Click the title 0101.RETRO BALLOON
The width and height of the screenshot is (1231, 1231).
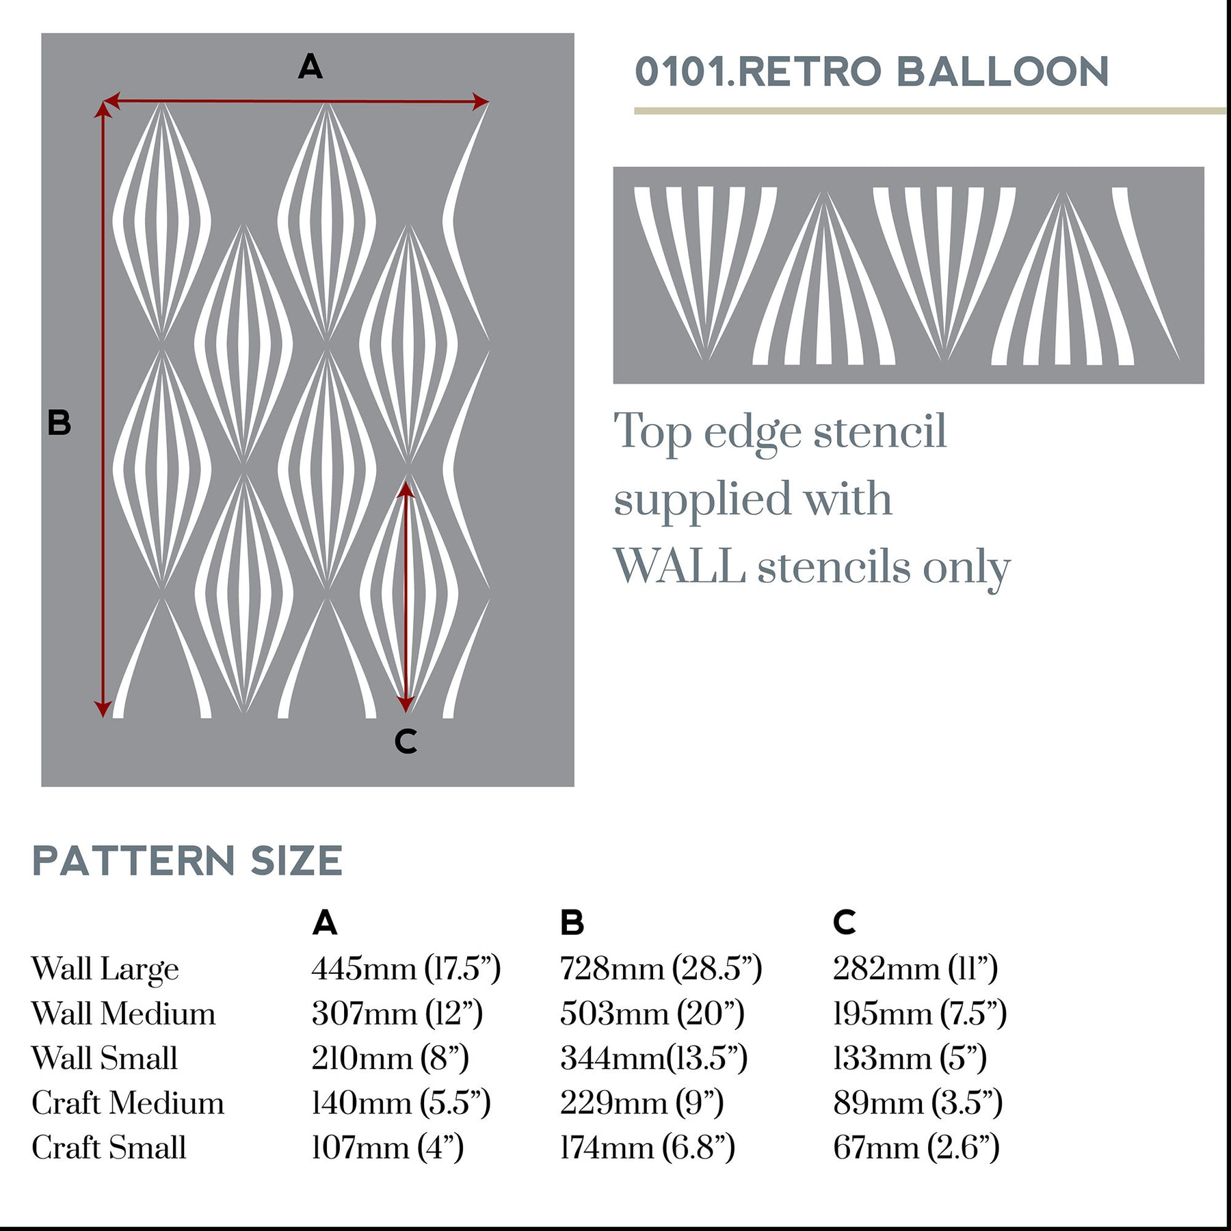(x=871, y=72)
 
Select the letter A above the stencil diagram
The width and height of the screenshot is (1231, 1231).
(x=310, y=67)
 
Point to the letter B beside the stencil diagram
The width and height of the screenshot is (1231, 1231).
(x=59, y=423)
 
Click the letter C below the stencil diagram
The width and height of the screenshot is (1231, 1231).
(x=406, y=741)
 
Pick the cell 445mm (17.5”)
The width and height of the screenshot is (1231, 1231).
(x=406, y=968)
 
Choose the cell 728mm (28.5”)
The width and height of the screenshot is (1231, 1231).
(x=661, y=968)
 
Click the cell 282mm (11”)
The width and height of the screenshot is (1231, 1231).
(x=915, y=968)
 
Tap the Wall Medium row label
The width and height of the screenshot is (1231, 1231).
(x=123, y=1014)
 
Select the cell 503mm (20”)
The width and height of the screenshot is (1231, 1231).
(x=652, y=1014)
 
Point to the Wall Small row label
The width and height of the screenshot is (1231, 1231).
(x=105, y=1058)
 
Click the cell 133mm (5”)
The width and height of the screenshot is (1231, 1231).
(x=910, y=1058)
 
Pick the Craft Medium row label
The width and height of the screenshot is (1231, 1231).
(x=128, y=1103)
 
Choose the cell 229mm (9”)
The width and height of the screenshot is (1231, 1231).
(x=641, y=1103)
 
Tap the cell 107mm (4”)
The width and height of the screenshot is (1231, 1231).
(x=388, y=1148)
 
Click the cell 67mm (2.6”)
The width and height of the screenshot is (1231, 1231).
(x=916, y=1148)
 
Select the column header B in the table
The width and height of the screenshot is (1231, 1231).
(x=572, y=923)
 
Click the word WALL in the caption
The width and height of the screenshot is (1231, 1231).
(x=679, y=567)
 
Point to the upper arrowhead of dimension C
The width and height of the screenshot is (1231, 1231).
(x=406, y=488)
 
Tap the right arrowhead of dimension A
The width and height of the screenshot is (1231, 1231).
(x=481, y=102)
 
